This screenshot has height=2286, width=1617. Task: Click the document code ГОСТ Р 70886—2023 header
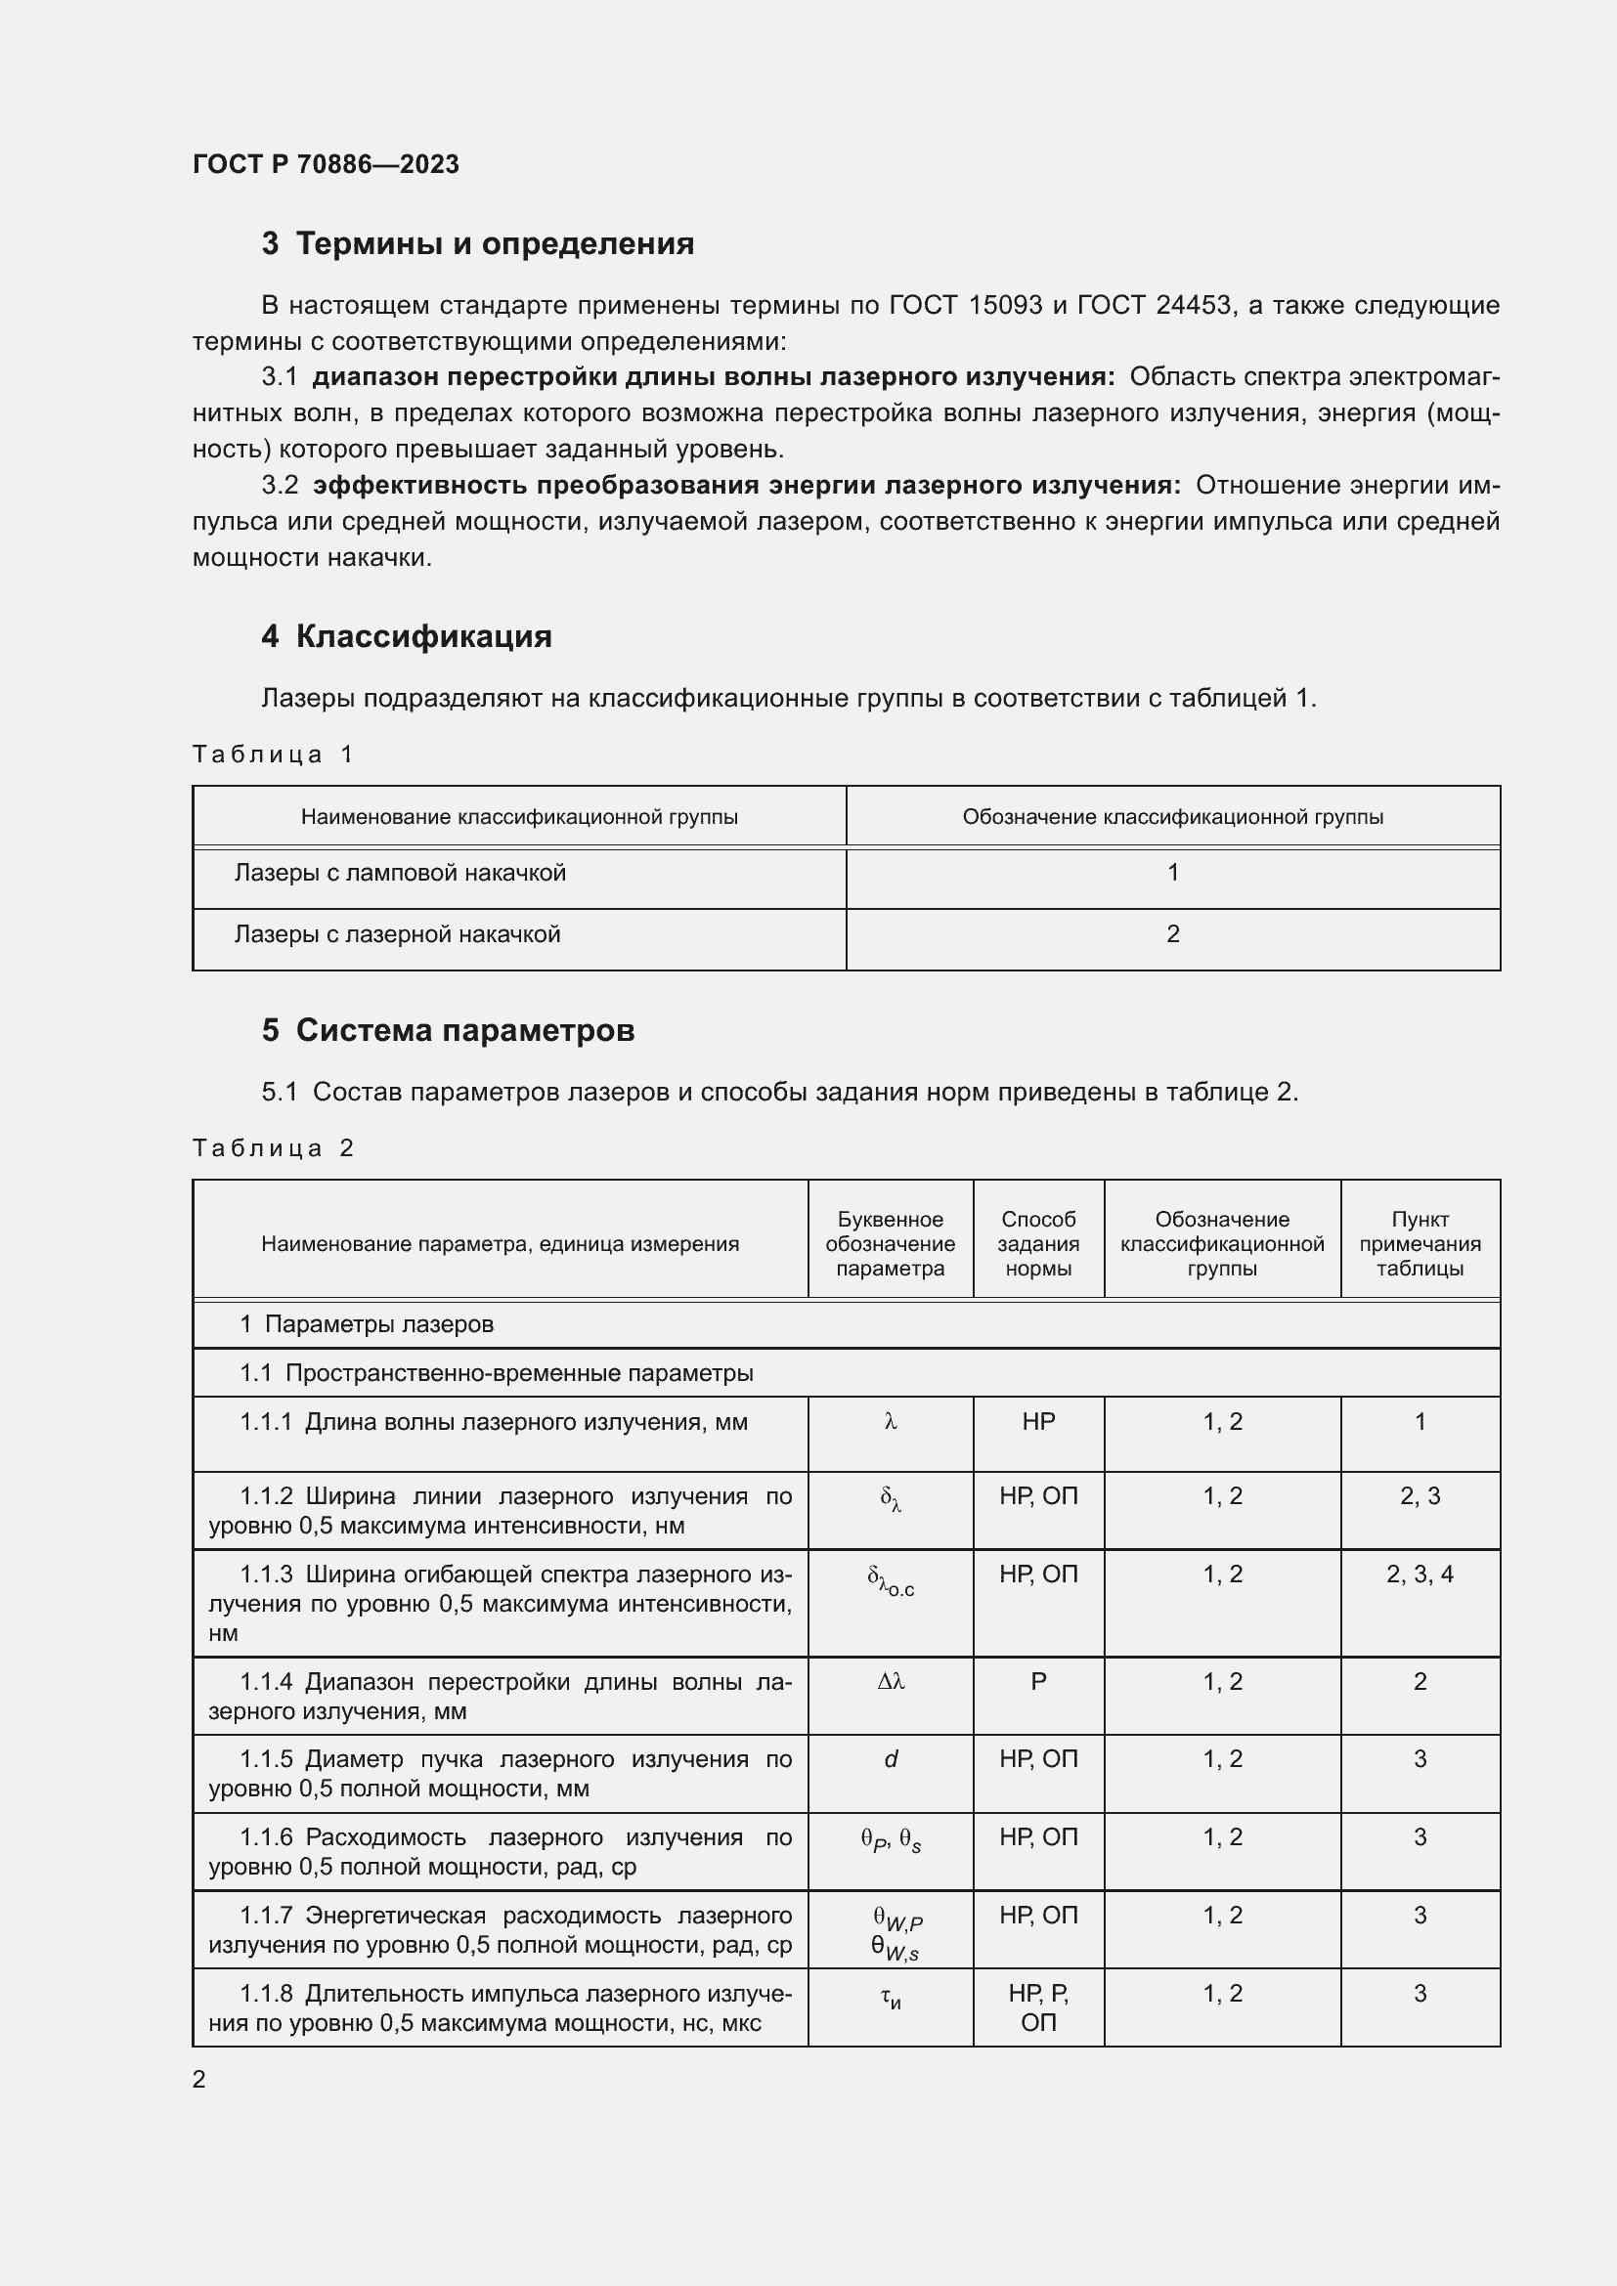[326, 164]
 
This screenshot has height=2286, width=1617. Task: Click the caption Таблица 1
[273, 754]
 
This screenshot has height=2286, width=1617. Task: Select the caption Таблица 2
[273, 1148]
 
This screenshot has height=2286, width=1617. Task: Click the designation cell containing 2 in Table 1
[1172, 934]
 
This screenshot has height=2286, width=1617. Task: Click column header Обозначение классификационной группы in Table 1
[1172, 817]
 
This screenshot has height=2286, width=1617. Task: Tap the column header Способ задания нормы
[1037, 1243]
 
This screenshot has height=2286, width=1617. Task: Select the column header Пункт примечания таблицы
[1419, 1243]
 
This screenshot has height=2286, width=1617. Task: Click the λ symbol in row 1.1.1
[891, 1423]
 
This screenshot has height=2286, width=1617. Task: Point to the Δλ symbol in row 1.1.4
[891, 1682]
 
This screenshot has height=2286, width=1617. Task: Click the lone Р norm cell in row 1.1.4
[1037, 1682]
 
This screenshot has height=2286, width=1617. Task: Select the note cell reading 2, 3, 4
[1419, 1574]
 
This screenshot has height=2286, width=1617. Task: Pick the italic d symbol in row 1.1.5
[891, 1759]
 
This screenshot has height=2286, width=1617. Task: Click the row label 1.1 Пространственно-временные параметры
[496, 1373]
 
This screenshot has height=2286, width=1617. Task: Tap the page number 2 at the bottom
[199, 2079]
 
